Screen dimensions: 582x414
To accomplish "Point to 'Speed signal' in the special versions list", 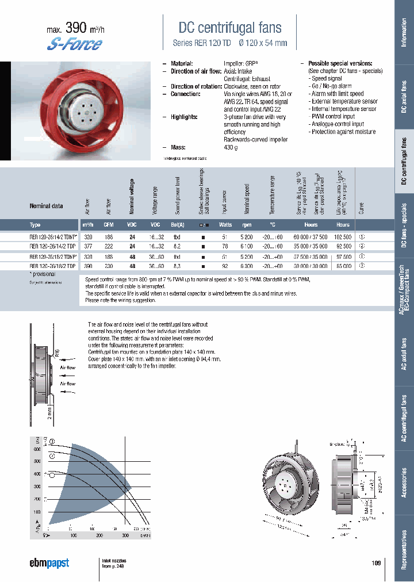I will point(326,78).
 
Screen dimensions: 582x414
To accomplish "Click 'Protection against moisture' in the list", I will point(343,132).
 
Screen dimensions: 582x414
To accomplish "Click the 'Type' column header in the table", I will point(35,225).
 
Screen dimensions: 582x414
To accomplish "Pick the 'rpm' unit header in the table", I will point(247,225).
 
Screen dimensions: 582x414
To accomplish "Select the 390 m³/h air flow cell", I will point(88,266).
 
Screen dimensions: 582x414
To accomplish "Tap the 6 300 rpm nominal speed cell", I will point(247,266).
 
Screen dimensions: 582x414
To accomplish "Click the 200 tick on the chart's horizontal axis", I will point(99,535).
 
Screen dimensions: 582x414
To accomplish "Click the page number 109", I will point(376,563).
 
